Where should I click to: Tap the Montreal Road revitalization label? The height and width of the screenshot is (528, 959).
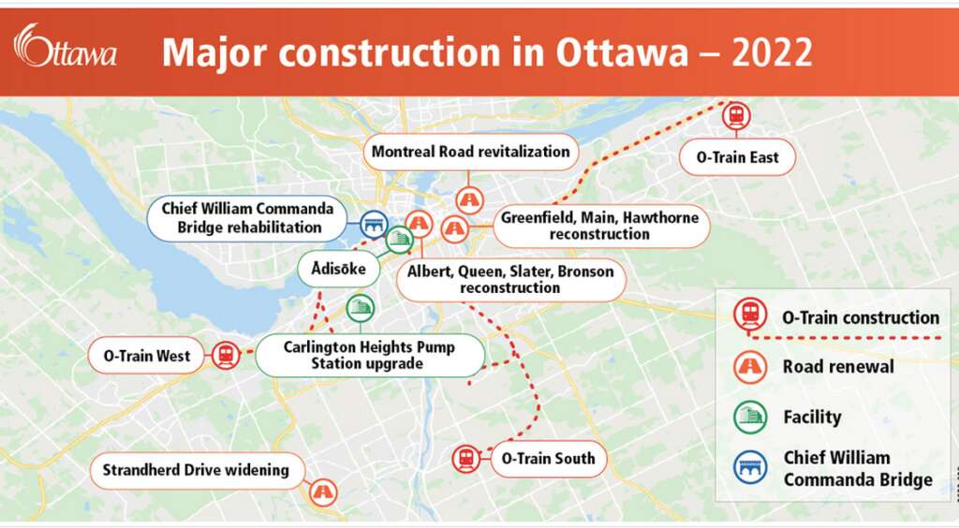tap(470, 152)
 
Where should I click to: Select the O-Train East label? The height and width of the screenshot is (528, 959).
tap(737, 157)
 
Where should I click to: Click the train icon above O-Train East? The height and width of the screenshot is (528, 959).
tap(737, 116)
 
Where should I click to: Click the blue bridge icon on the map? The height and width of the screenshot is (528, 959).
tap(374, 224)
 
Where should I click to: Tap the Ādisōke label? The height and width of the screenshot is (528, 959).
tap(338, 270)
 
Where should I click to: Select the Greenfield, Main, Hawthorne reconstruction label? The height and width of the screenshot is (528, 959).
tap(599, 226)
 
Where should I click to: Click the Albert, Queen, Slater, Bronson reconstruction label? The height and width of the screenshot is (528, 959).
tap(510, 279)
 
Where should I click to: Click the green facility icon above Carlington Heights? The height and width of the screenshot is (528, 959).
tap(360, 307)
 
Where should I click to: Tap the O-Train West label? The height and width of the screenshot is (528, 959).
tap(147, 356)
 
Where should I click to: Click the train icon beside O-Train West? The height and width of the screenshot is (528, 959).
tap(226, 356)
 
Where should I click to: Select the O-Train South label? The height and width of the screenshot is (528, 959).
tap(548, 459)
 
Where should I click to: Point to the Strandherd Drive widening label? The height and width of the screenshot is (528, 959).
tap(196, 470)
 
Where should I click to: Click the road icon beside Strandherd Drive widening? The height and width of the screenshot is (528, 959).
tap(323, 491)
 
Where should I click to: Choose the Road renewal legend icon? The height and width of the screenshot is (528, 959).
tap(749, 367)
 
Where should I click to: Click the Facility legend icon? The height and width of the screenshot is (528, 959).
tap(749, 417)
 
